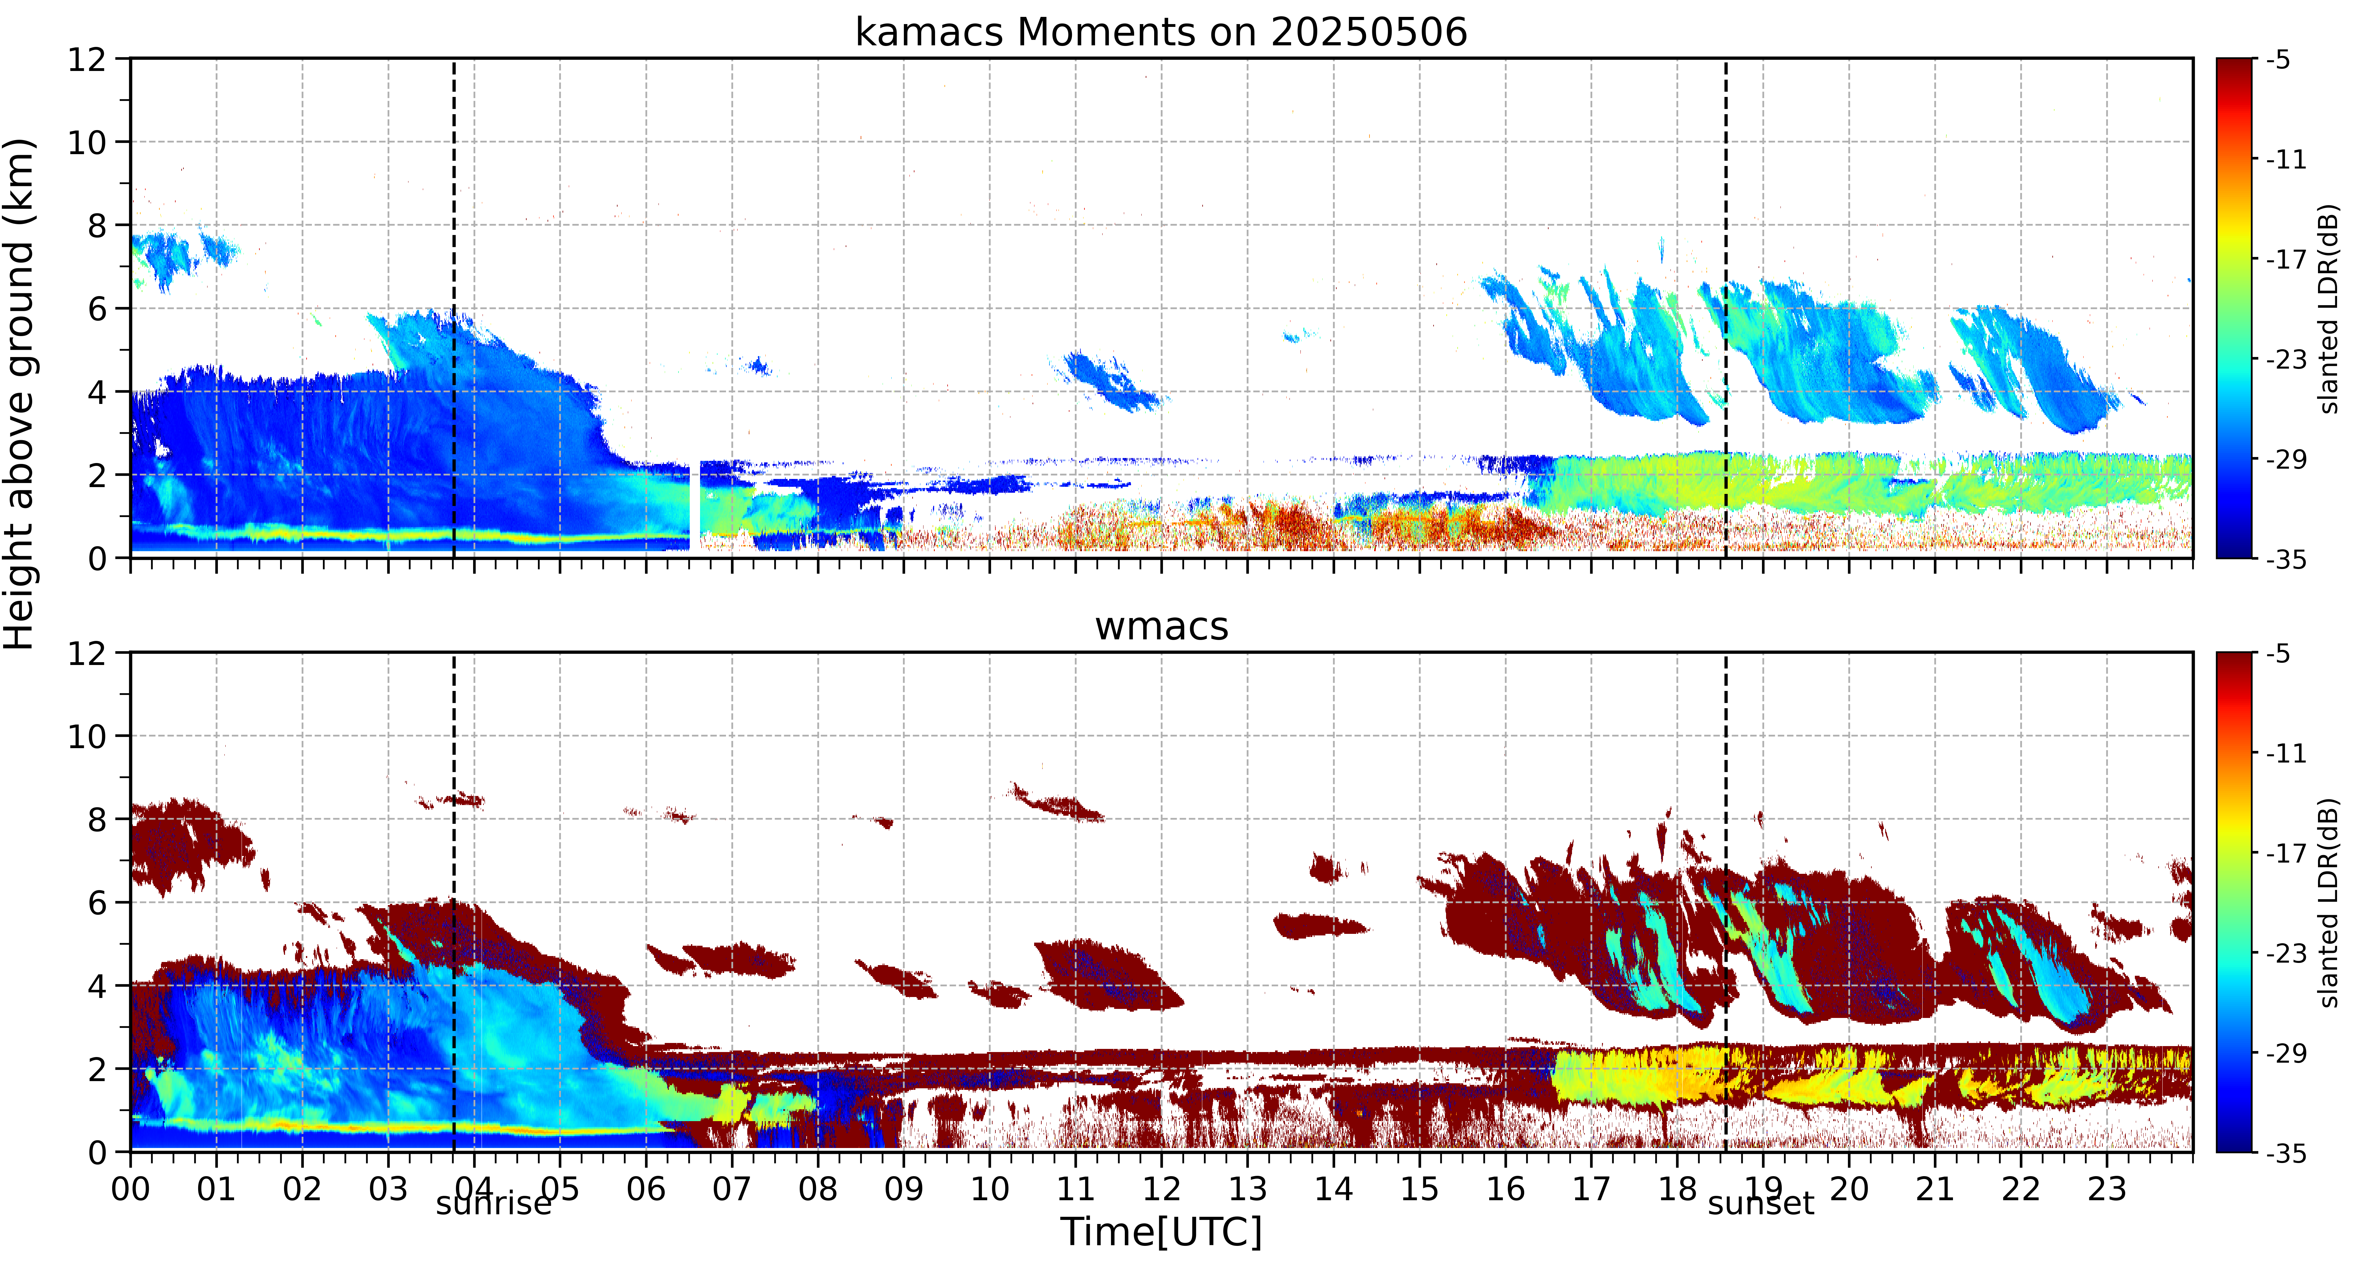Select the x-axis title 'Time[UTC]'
click(1161, 1231)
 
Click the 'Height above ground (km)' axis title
click(20, 394)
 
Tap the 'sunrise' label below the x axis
click(494, 1204)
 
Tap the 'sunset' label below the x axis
click(1760, 1204)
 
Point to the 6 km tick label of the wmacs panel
click(97, 903)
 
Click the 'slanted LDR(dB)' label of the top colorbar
click(2330, 309)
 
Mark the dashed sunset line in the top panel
click(1725, 309)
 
